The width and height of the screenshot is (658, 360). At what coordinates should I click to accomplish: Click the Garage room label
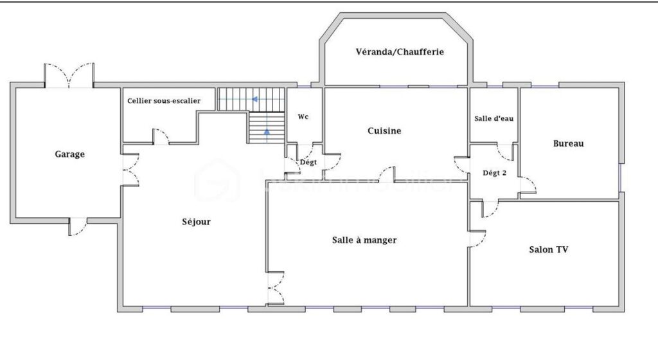coord(69,154)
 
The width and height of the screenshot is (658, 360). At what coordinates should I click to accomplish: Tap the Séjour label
coord(196,222)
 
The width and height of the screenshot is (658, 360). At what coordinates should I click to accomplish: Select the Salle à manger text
coord(364,240)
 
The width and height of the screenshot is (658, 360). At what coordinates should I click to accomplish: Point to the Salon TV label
coord(548,249)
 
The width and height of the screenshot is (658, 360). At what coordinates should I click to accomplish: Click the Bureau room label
coord(568,143)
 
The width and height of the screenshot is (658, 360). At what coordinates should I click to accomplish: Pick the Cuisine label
coord(384,130)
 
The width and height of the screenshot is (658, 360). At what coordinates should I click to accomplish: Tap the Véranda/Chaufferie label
coord(400,51)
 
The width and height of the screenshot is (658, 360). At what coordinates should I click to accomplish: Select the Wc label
coord(303,117)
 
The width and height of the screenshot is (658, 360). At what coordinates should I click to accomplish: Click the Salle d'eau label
coord(493,118)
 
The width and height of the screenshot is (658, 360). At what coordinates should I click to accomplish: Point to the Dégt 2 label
coord(495,172)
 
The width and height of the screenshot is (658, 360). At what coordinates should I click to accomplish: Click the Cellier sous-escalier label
coord(164,100)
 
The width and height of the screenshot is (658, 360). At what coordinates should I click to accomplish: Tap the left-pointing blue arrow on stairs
coord(255,100)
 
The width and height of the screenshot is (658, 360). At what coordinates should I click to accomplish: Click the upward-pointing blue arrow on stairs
coord(266,133)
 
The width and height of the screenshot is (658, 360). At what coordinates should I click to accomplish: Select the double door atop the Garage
coord(69,76)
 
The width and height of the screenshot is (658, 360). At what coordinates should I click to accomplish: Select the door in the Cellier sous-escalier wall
coord(161,136)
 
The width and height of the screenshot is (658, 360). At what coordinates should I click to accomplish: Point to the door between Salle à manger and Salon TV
coord(477,239)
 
